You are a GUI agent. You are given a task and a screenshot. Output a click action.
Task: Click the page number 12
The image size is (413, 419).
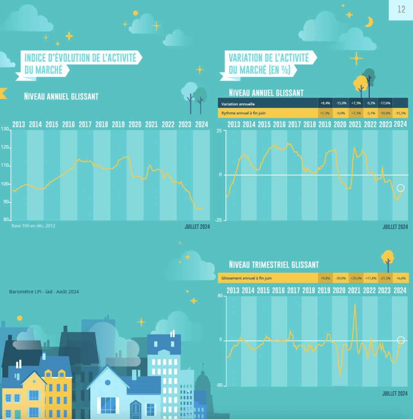[x=401, y=9]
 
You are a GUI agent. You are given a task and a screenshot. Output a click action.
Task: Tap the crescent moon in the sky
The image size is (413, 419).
[x=369, y=22]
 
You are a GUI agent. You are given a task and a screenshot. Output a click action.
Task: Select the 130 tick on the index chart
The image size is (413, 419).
[x=5, y=129]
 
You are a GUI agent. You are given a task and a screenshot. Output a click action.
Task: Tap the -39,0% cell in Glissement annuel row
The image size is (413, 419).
[x=340, y=278]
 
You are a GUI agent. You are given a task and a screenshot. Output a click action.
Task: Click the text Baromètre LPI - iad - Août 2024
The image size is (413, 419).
[x=44, y=292]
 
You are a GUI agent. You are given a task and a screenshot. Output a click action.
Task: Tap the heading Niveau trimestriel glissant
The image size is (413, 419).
[x=273, y=265]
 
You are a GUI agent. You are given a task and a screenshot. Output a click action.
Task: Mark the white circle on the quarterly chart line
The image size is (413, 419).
[x=401, y=340]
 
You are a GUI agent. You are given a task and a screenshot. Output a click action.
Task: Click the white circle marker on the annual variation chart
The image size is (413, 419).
[x=400, y=188]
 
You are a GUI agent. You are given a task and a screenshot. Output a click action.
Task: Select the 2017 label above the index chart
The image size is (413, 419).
[x=85, y=124]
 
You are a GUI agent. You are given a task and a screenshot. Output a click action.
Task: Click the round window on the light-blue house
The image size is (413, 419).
[x=108, y=383]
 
